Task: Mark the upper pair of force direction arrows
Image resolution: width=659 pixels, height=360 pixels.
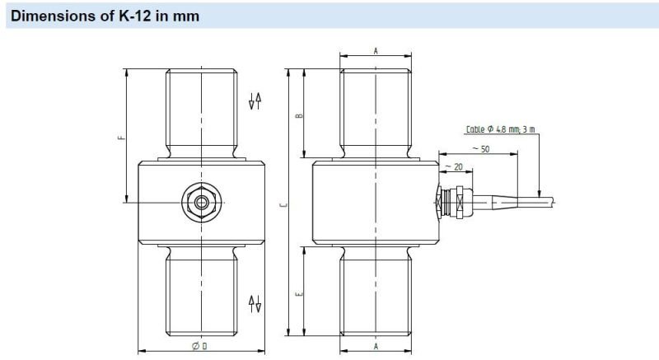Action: click(255, 101)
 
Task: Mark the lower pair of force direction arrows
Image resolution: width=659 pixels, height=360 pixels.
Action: click(255, 302)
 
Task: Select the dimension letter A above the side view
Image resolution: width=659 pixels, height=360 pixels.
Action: click(376, 51)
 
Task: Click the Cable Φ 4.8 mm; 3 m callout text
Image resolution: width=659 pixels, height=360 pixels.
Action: click(500, 129)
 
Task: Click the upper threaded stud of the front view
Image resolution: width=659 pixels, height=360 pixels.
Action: click(201, 111)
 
